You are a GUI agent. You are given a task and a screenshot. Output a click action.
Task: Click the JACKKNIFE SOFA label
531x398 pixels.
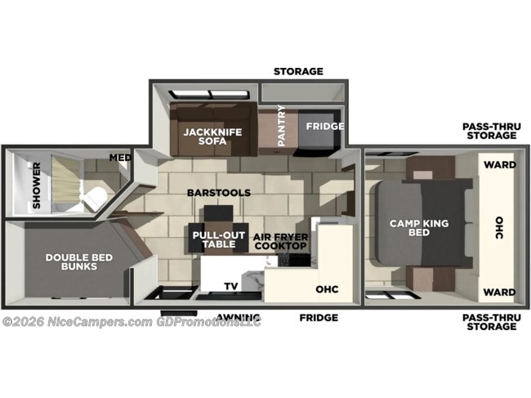[204, 136]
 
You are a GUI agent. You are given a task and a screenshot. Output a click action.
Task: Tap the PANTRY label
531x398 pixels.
[282, 126]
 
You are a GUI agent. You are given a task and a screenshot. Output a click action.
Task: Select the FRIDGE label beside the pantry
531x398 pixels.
[325, 127]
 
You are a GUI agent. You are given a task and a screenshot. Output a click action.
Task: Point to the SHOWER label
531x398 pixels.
[36, 191]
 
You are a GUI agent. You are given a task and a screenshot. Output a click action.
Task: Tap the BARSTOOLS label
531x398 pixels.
[218, 193]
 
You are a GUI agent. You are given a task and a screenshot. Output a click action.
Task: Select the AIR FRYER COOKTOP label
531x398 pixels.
[279, 241]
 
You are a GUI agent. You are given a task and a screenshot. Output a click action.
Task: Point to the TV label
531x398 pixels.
[231, 286]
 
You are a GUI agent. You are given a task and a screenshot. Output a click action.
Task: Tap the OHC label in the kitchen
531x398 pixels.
[327, 289]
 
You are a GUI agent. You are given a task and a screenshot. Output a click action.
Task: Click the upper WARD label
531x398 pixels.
[498, 163]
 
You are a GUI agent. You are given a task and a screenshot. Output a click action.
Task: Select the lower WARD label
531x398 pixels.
[498, 292]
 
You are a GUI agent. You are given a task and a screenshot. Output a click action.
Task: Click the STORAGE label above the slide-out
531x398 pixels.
[298, 71]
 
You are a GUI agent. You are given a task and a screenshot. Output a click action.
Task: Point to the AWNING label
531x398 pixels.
[239, 317]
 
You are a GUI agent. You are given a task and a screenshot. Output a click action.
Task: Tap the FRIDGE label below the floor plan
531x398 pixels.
[319, 317]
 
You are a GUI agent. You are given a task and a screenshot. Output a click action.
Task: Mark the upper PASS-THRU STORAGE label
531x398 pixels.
[489, 131]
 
